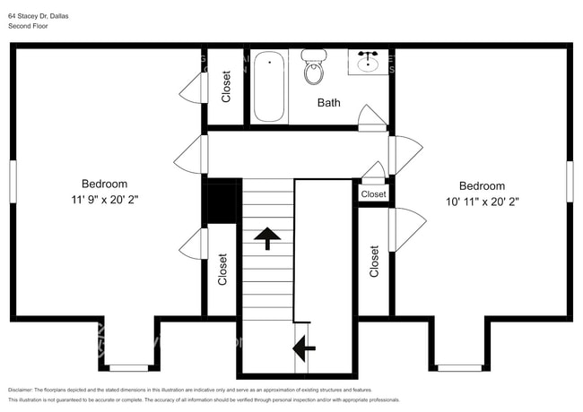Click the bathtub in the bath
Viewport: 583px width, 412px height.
(269, 87)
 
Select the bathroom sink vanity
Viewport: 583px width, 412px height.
(369, 63)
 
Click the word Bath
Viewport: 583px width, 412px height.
(329, 103)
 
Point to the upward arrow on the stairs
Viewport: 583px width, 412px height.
(267, 238)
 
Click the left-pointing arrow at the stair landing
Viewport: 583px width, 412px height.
(305, 344)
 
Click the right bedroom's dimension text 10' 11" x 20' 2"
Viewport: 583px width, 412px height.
(482, 202)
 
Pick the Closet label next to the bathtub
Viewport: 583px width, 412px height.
(226, 87)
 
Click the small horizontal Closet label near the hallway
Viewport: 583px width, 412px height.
(374, 194)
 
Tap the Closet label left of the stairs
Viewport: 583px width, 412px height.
(222, 270)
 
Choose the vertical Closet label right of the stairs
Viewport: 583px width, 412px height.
(374, 261)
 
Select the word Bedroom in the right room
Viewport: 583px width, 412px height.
(482, 186)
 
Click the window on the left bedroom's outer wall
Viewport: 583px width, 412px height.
(13, 186)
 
